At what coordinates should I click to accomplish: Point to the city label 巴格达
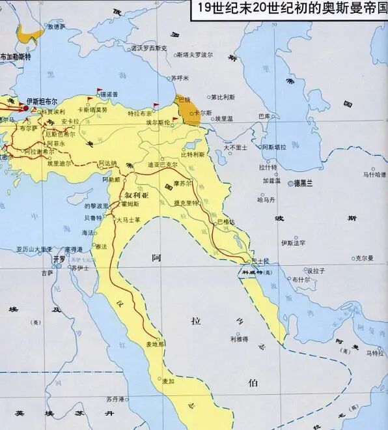tap(225, 223)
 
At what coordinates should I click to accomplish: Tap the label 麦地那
tap(155, 343)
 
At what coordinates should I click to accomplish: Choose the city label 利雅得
tap(238, 339)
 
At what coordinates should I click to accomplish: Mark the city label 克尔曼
tap(364, 258)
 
